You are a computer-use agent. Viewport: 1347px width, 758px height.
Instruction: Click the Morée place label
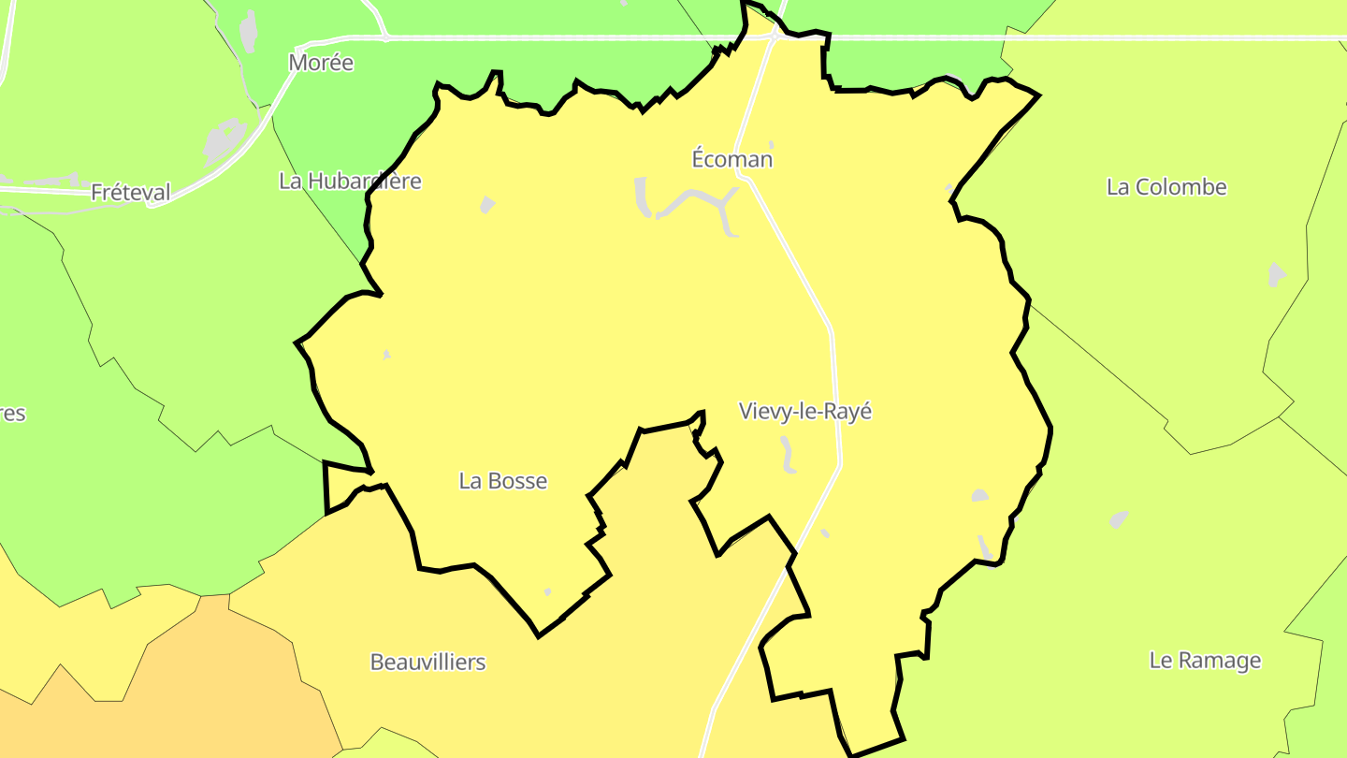321,63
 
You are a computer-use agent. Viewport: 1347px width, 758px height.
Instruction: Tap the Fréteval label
131,193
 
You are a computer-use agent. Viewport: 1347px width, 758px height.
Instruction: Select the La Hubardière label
350,181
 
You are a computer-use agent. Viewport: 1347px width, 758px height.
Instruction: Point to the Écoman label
732,159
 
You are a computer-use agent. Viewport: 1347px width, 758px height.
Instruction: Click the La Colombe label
1166,187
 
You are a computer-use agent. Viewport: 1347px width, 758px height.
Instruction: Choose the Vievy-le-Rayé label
805,411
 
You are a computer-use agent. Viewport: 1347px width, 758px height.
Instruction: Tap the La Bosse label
502,481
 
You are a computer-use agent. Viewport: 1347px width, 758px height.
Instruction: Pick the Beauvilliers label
427,663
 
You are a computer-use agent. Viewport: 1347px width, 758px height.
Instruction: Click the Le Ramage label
1205,661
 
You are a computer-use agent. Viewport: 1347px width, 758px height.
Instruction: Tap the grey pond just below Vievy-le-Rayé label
788,455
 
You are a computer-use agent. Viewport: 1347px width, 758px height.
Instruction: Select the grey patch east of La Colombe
1276,275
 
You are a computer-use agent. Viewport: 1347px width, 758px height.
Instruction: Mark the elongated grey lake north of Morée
248,31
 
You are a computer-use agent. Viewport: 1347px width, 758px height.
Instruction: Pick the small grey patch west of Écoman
486,204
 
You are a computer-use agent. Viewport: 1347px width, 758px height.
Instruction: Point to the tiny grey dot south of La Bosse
547,591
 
